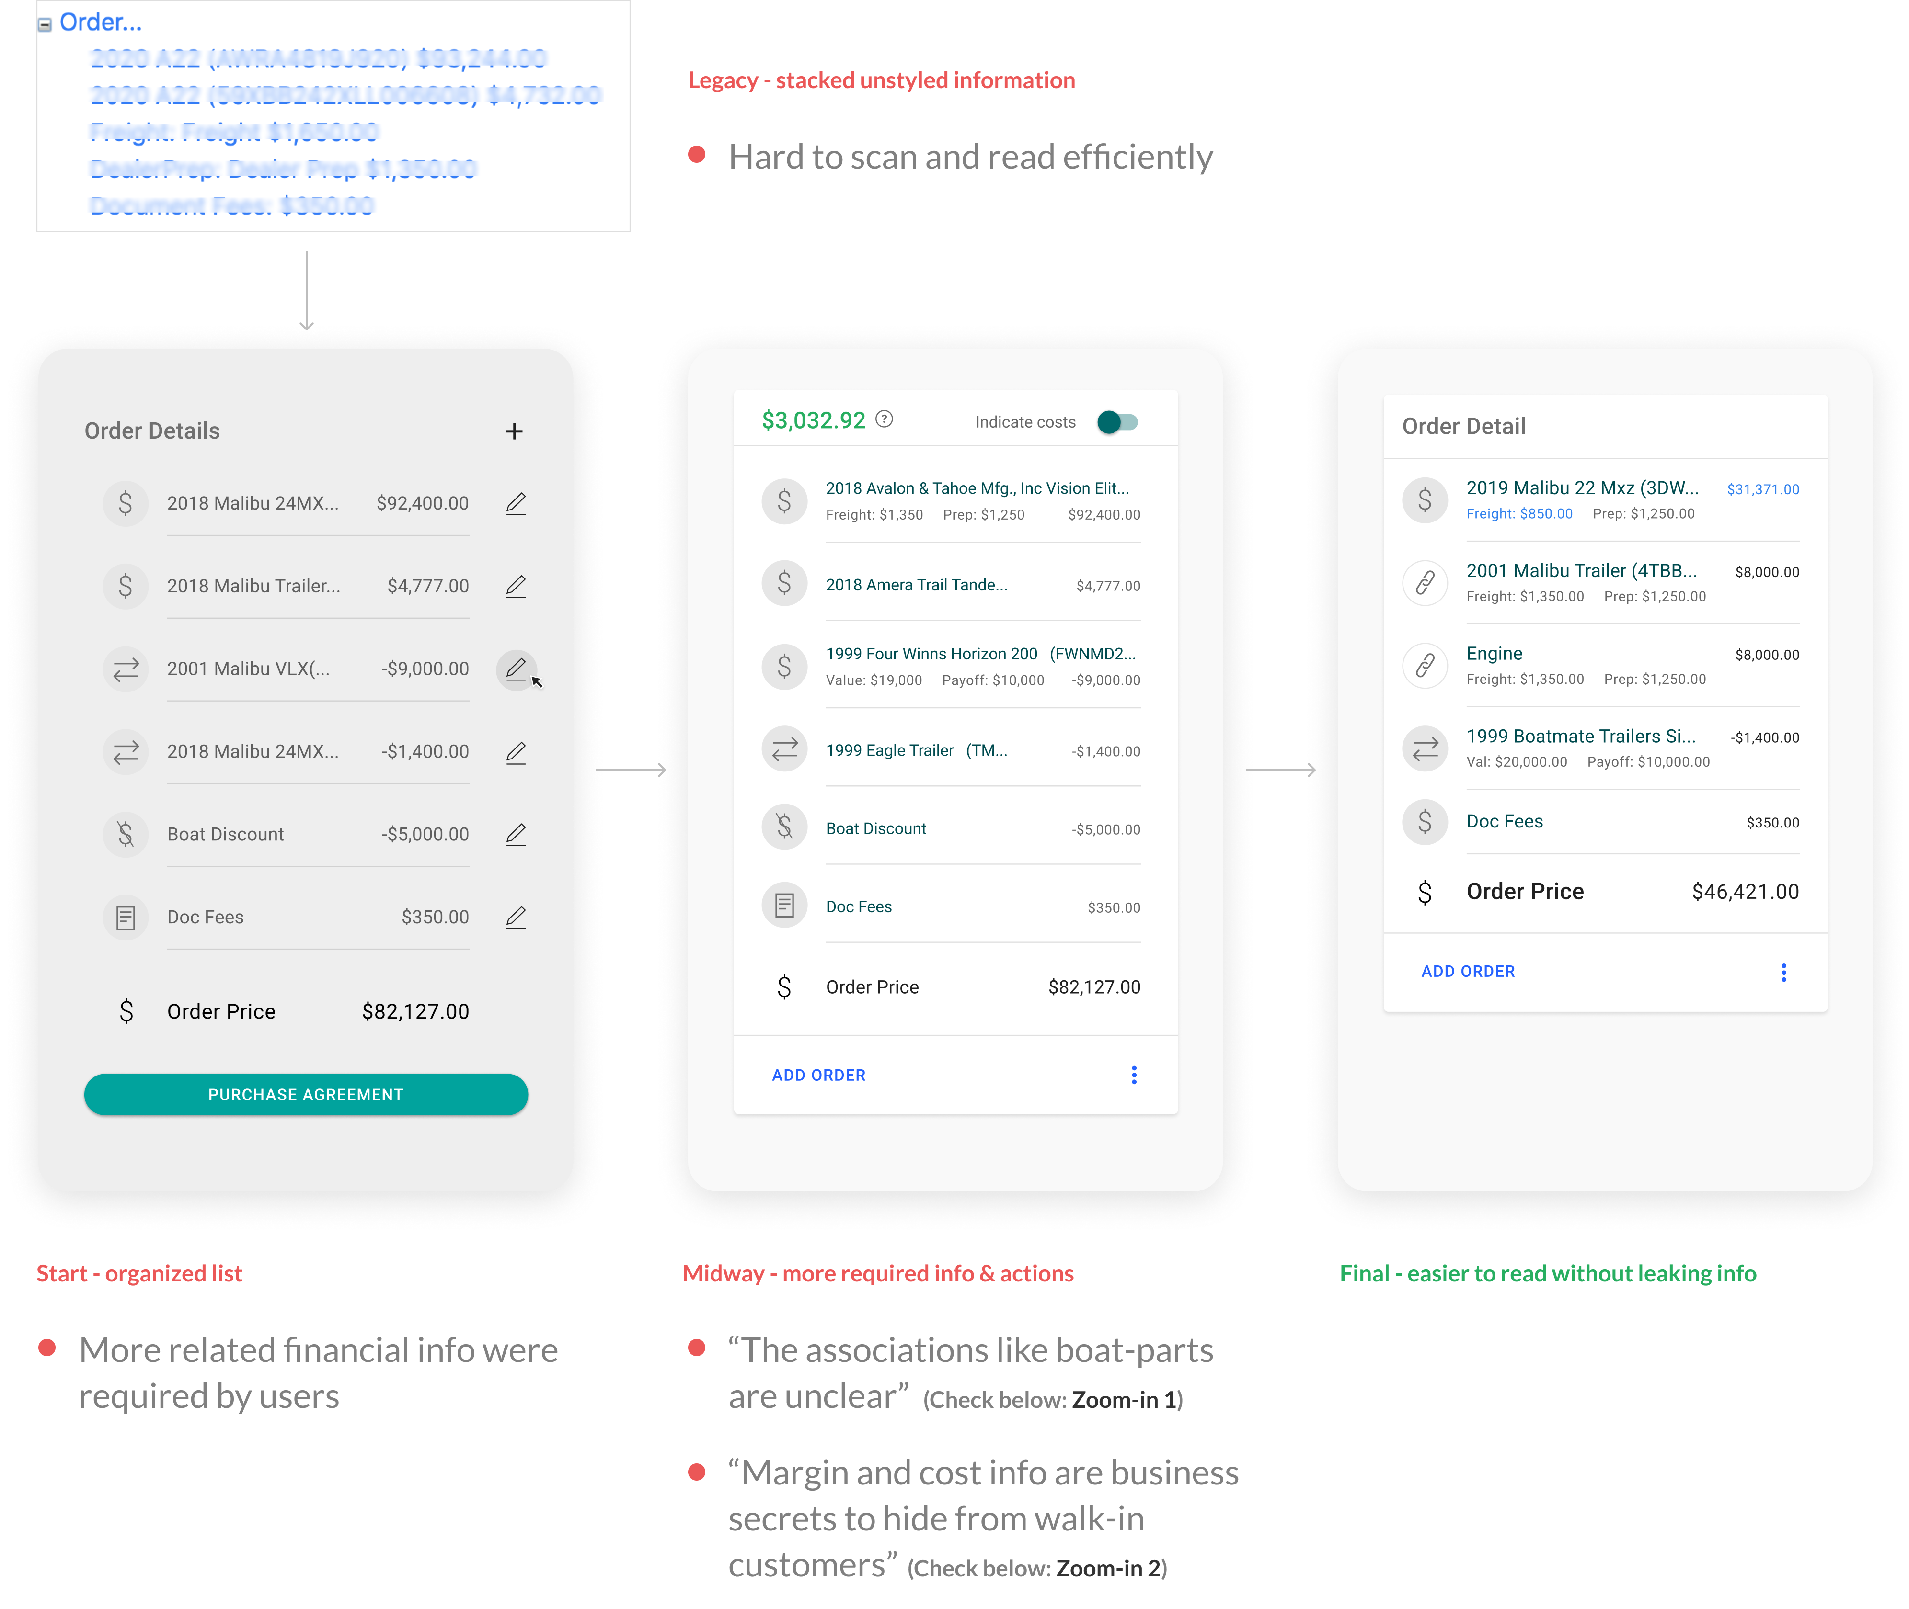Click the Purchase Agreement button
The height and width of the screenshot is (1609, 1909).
pyautogui.click(x=306, y=1095)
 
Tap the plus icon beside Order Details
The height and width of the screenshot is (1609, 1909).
pyautogui.click(x=515, y=431)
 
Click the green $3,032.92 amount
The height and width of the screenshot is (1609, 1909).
pyautogui.click(x=813, y=420)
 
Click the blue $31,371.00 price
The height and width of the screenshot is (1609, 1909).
pyautogui.click(x=1763, y=490)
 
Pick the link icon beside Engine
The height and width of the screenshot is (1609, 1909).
pyautogui.click(x=1425, y=665)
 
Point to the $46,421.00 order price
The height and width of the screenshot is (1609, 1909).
pyautogui.click(x=1745, y=892)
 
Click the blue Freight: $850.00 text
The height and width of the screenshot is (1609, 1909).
pyautogui.click(x=1519, y=513)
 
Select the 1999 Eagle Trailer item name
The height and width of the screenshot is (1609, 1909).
pyautogui.click(x=890, y=751)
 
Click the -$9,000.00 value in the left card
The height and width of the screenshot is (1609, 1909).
pyautogui.click(x=425, y=669)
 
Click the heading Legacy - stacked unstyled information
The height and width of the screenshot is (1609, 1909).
pyautogui.click(x=881, y=80)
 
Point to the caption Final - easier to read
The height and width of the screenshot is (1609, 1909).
pyautogui.click(x=1547, y=1273)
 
